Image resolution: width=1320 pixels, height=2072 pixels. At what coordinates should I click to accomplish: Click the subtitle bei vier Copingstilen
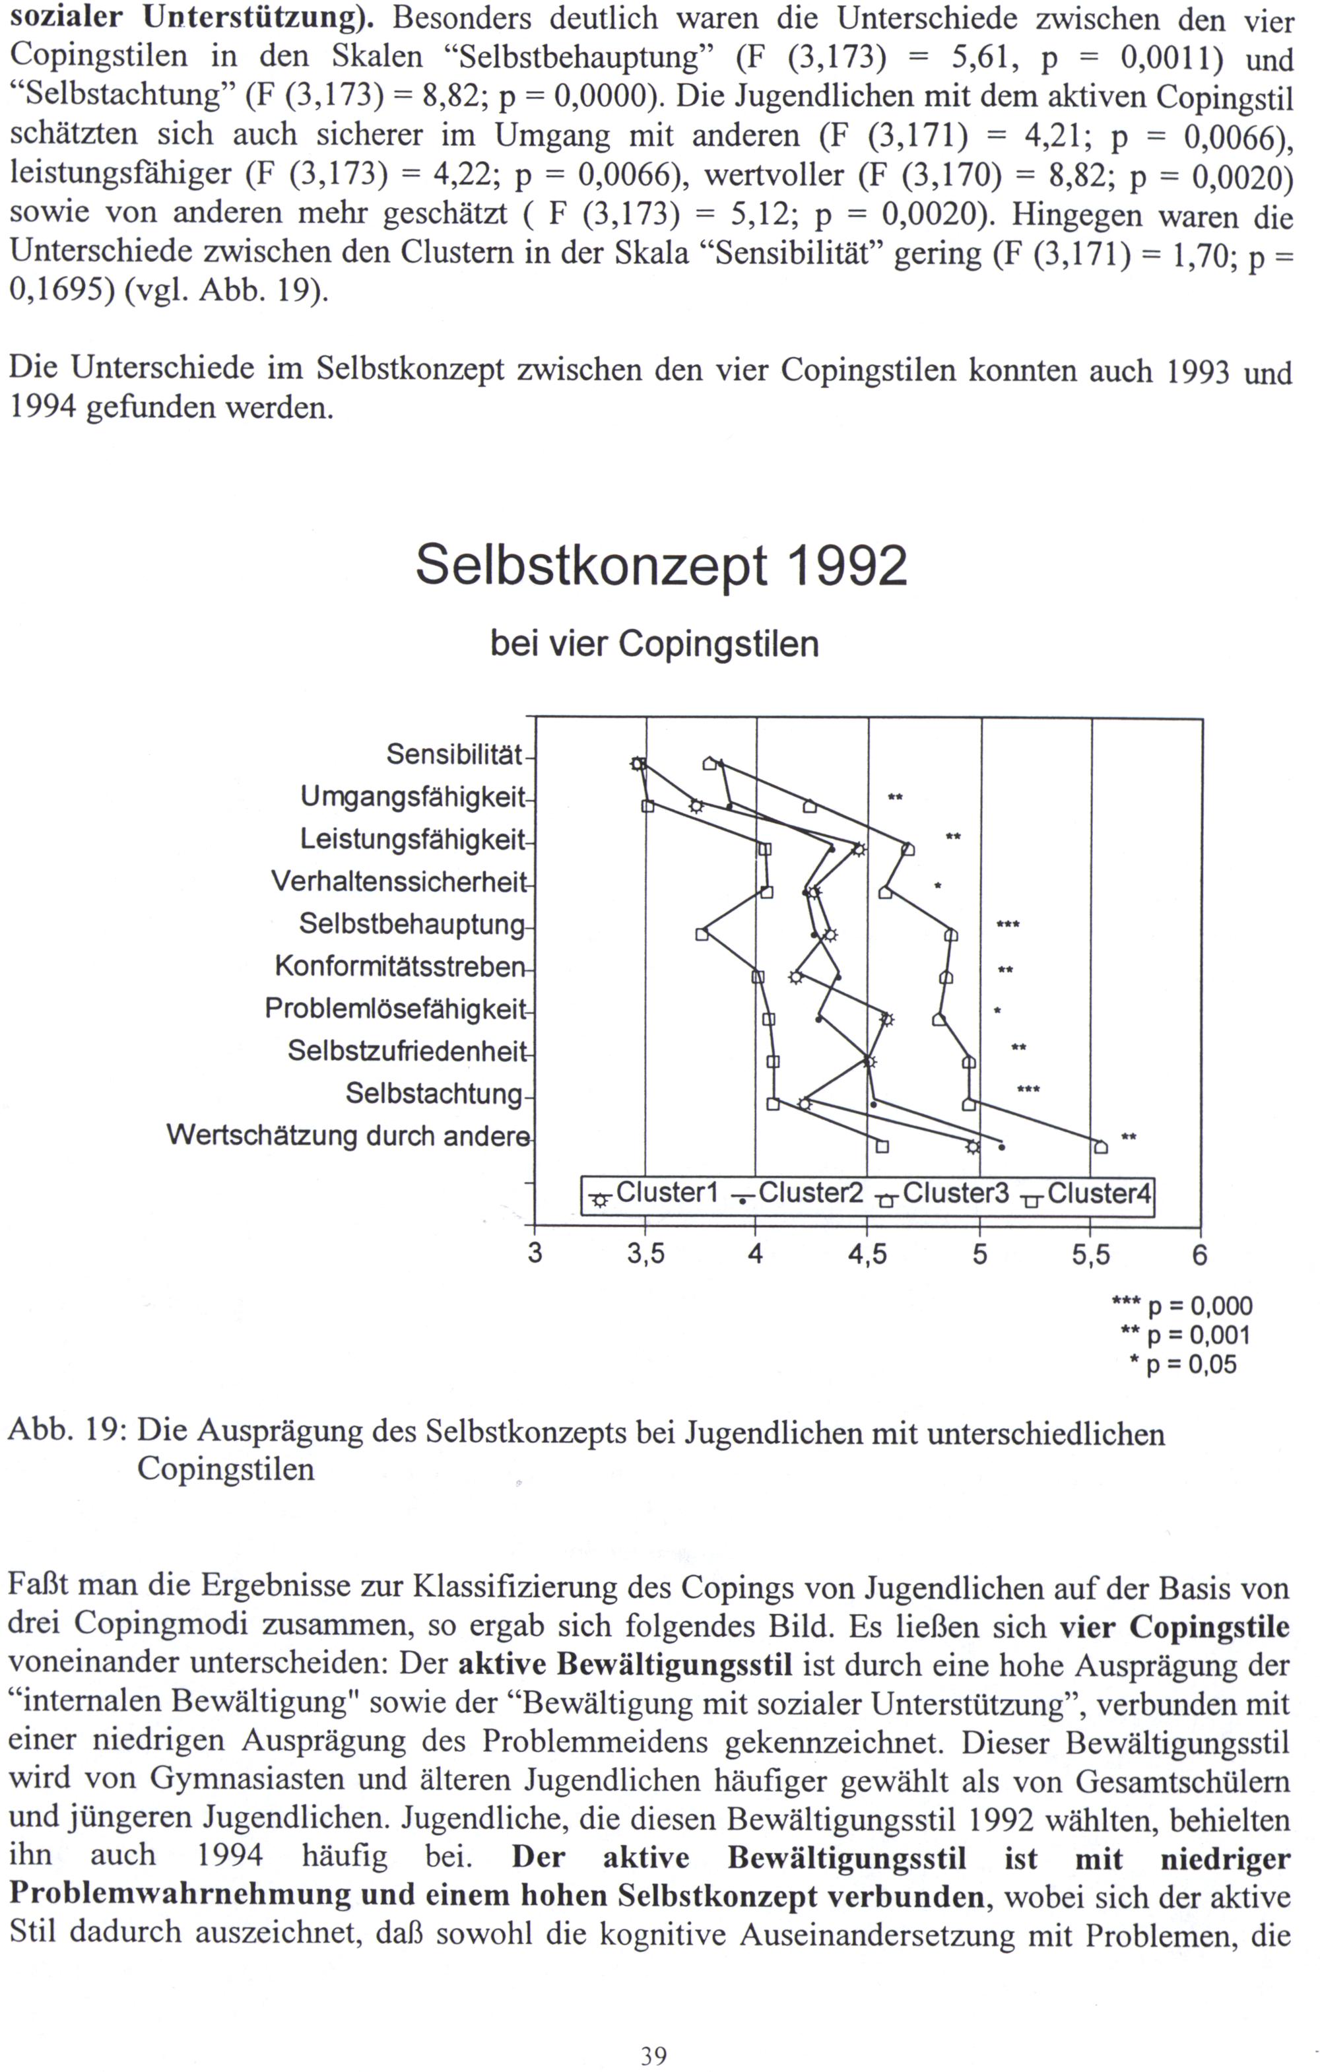[x=654, y=644]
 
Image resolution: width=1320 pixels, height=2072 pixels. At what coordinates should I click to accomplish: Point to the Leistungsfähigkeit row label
[x=412, y=839]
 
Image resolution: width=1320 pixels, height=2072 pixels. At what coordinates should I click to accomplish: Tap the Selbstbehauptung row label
[x=411, y=924]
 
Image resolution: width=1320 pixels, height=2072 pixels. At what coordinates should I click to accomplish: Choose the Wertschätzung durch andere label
[x=348, y=1136]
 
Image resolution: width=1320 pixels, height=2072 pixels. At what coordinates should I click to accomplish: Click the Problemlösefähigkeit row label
[x=394, y=1009]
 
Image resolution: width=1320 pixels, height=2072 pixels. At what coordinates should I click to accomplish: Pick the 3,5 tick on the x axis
[x=645, y=1255]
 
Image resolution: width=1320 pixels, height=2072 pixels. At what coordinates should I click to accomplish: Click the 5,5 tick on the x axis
[x=1090, y=1255]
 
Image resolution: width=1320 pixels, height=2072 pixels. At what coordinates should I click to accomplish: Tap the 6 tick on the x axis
[x=1199, y=1255]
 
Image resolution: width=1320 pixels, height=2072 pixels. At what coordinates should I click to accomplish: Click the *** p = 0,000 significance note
[x=1182, y=1307]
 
